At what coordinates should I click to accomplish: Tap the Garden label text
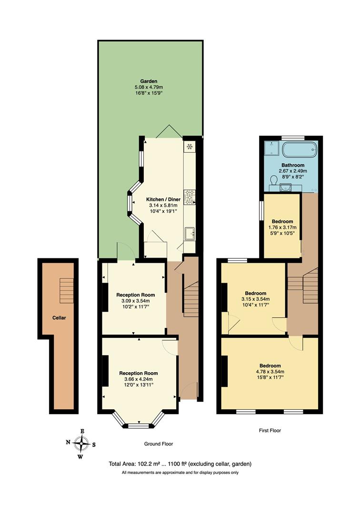149,81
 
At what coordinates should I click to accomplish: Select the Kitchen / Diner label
163,199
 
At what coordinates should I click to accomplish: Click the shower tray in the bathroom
271,148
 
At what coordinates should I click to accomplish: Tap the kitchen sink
190,233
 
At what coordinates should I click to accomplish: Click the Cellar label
59,317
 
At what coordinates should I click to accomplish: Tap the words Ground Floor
159,444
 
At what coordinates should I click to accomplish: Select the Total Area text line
180,464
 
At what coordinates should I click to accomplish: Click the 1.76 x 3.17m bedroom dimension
282,227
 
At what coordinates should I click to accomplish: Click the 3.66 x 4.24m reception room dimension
138,379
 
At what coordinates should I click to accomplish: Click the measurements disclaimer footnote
180,473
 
